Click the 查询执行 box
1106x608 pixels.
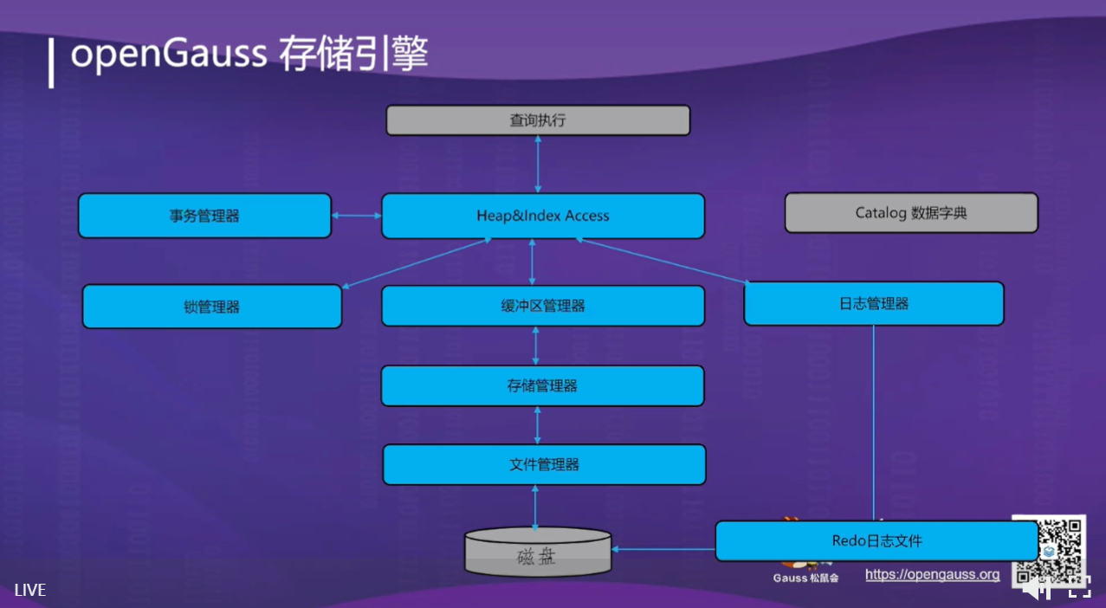tap(537, 120)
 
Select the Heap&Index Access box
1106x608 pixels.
tap(542, 216)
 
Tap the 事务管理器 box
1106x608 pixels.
tap(204, 216)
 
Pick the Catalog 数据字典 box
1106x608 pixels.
tap(910, 213)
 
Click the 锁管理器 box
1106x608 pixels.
tap(211, 307)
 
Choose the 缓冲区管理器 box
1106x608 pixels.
tap(542, 306)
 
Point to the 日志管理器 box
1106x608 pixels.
tap(873, 304)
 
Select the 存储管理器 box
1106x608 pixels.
tap(542, 385)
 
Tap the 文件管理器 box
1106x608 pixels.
tap(544, 464)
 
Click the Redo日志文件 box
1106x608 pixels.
tap(876, 540)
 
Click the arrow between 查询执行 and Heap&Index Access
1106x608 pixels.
tap(538, 165)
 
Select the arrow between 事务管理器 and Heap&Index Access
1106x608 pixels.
tap(356, 216)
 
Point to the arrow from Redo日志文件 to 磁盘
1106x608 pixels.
tap(663, 548)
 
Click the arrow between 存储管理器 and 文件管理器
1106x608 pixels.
tap(538, 425)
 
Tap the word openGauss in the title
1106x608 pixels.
tap(169, 55)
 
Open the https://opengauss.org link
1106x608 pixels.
tap(932, 574)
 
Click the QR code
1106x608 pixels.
tap(1049, 549)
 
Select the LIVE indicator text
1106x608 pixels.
tap(29, 591)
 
